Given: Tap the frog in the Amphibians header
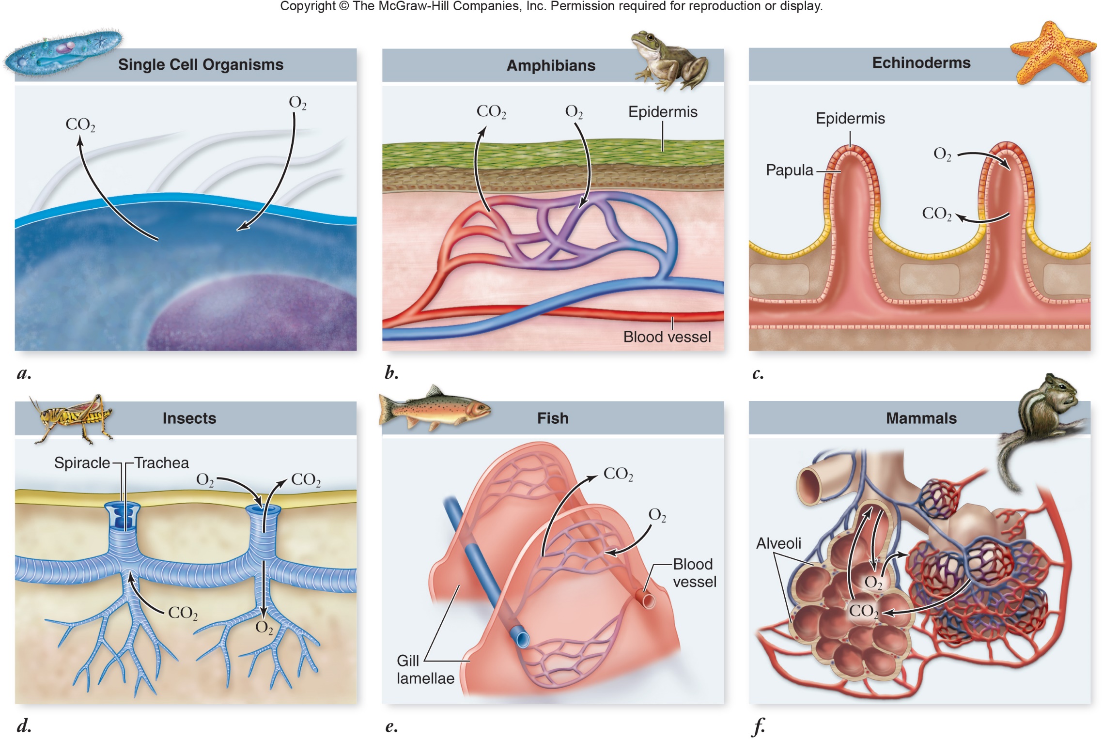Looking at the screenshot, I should [670, 61].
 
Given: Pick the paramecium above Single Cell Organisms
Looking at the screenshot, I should [63, 52].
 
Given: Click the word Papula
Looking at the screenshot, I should [789, 170].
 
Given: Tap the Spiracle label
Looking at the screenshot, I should [82, 463].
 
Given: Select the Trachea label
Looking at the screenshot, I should [161, 463].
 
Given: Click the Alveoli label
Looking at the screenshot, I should [778, 543].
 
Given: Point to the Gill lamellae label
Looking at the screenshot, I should [425, 669].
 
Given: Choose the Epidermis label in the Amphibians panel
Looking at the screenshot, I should [663, 112].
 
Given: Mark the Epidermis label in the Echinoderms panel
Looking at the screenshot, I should [850, 119].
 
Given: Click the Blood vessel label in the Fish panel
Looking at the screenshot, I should [694, 573].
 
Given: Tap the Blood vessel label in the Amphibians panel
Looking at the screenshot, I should [667, 337].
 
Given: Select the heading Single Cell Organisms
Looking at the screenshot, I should [201, 64].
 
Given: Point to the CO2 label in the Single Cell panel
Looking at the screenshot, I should [80, 124].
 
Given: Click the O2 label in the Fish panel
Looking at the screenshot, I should [657, 515].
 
